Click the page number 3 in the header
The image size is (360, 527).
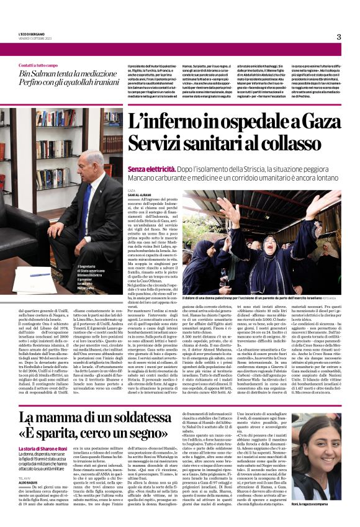pyautogui.click(x=339, y=37)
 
